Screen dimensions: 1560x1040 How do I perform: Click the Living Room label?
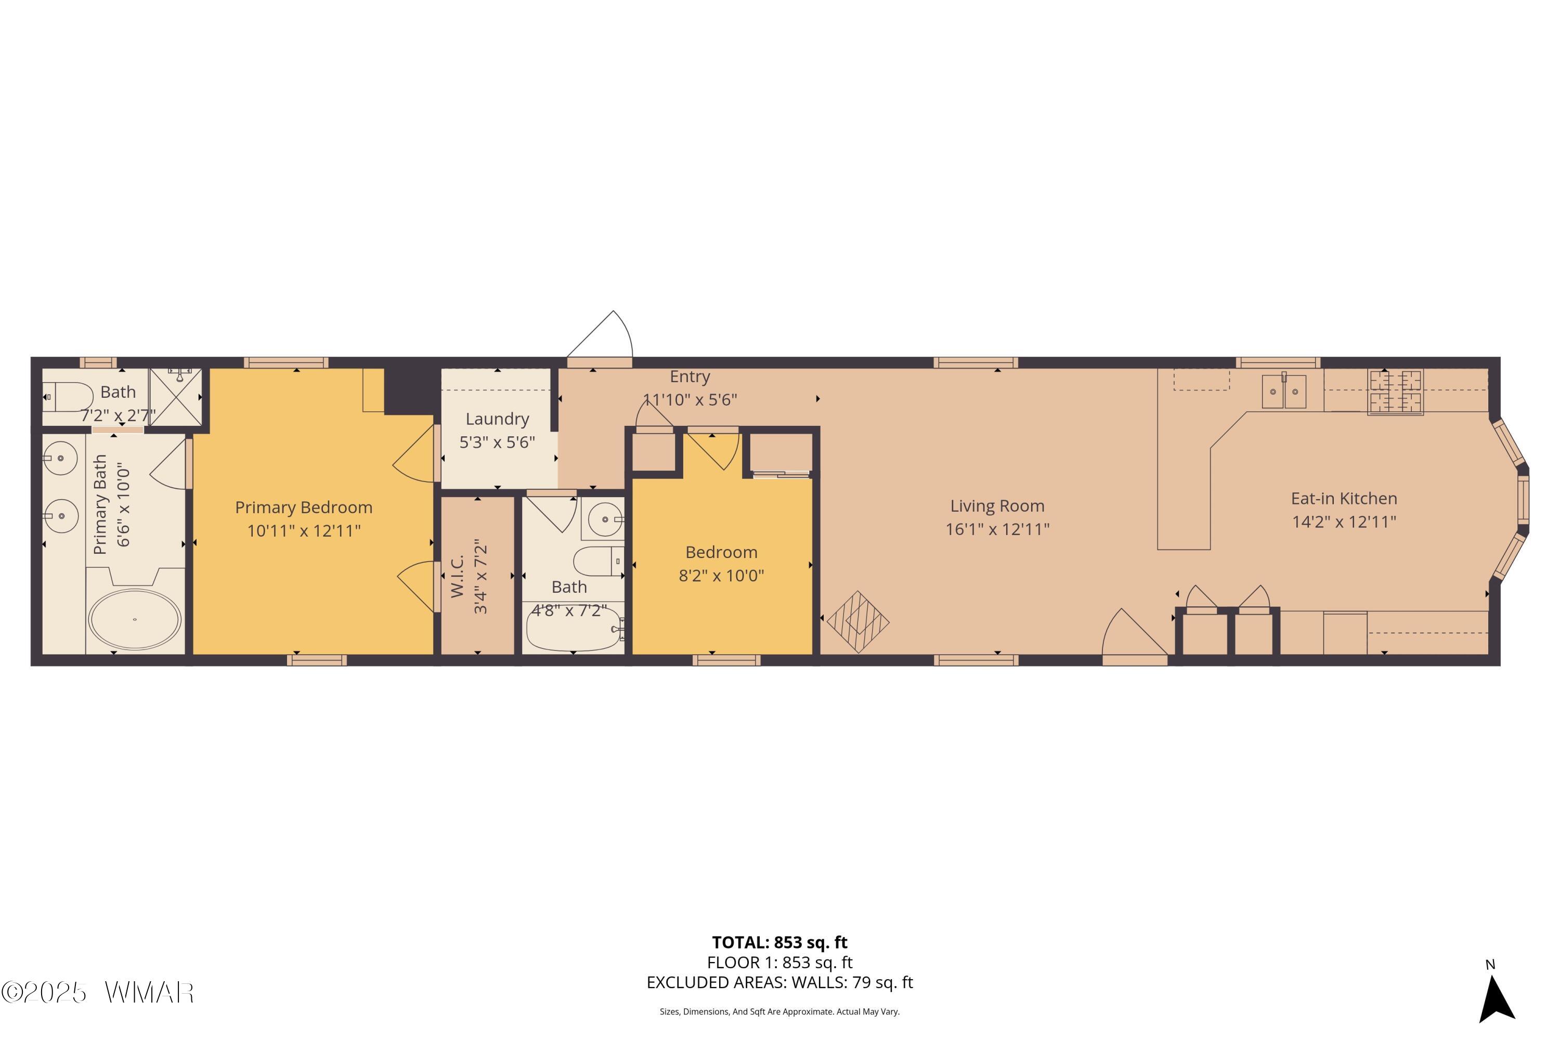(997, 506)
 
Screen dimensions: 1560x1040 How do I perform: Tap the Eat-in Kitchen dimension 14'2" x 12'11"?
(1344, 522)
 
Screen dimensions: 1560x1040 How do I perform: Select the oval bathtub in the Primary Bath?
(135, 619)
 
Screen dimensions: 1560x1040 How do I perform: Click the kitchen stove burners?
(1396, 392)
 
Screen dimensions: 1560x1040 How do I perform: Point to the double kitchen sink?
(1283, 391)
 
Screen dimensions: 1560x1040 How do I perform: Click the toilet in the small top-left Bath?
(68, 397)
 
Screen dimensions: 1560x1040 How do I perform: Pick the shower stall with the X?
(175, 397)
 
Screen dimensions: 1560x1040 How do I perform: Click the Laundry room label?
(498, 419)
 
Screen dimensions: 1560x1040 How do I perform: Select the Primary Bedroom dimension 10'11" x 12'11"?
(304, 530)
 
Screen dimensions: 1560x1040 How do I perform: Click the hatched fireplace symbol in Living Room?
(859, 621)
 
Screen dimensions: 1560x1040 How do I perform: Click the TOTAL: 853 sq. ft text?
(779, 942)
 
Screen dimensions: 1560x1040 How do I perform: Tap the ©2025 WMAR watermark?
(98, 992)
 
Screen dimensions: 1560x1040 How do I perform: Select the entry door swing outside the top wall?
(600, 336)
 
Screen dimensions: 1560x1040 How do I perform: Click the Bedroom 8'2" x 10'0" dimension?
(721, 575)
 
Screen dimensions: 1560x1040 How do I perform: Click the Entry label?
(690, 376)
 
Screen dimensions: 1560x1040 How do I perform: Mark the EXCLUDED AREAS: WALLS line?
(779, 982)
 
